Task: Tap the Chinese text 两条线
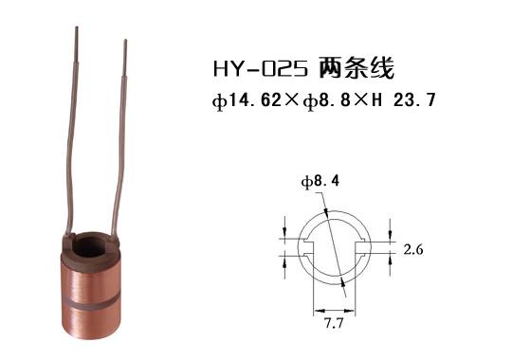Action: pos(352,70)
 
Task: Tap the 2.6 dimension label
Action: pos(414,250)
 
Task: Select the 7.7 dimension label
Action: pos(337,324)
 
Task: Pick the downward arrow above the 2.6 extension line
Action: pos(389,229)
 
